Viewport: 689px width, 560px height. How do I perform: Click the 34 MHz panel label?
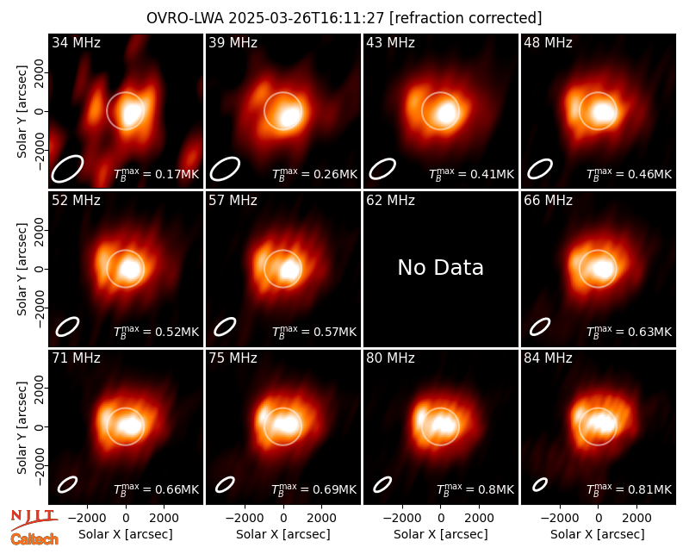(x=76, y=42)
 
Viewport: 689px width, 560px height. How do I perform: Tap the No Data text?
(x=440, y=267)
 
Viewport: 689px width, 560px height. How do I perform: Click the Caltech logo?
(x=34, y=539)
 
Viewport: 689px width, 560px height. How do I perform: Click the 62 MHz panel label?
(x=391, y=201)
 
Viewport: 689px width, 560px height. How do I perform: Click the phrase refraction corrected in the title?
(x=466, y=18)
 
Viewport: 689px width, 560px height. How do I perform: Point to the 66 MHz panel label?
(x=548, y=201)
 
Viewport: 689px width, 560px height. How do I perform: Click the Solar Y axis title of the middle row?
(x=22, y=269)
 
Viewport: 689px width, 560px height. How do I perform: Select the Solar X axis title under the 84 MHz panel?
(x=598, y=534)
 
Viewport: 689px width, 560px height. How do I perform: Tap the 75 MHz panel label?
(x=233, y=358)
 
